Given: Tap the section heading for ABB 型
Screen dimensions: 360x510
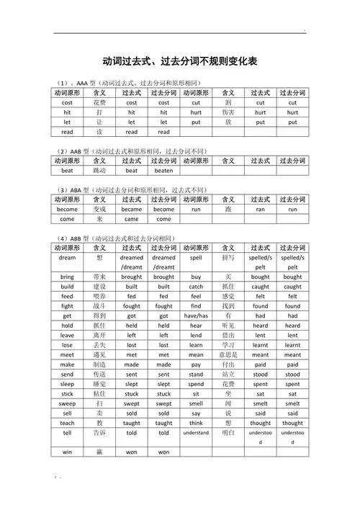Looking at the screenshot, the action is pyautogui.click(x=114, y=238).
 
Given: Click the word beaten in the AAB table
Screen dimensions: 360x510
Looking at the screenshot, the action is pyautogui.click(x=163, y=171).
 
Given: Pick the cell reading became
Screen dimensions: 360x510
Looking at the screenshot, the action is pyautogui.click(x=131, y=209).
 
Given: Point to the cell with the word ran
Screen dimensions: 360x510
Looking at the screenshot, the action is pyautogui.click(x=260, y=209).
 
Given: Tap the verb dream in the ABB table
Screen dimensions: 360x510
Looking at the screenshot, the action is pyautogui.click(x=67, y=257).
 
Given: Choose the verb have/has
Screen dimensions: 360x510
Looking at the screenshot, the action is pyautogui.click(x=196, y=316).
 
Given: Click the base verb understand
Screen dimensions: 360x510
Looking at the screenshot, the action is pyautogui.click(x=196, y=433).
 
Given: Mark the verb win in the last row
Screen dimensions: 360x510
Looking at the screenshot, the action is pyautogui.click(x=67, y=452).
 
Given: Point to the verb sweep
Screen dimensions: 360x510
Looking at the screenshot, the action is pyautogui.click(x=67, y=403).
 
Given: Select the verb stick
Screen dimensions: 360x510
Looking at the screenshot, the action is pyautogui.click(x=67, y=394).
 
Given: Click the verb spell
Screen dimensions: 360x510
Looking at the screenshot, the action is pyautogui.click(x=196, y=257).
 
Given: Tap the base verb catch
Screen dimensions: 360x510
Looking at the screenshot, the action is pyautogui.click(x=196, y=287).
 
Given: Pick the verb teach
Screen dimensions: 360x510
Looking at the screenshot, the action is pyautogui.click(x=67, y=423).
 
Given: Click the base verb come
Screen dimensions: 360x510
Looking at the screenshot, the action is pyautogui.click(x=67, y=219).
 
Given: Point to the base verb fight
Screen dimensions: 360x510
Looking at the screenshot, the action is pyautogui.click(x=67, y=306).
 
